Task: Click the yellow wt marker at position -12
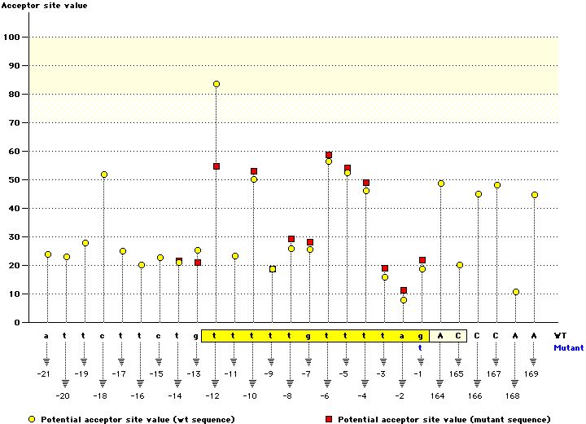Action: (216, 84)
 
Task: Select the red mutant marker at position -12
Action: (216, 166)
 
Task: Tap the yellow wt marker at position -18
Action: (104, 174)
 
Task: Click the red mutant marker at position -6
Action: (329, 155)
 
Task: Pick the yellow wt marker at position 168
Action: (516, 292)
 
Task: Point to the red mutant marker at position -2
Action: (404, 290)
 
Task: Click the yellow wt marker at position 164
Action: (441, 183)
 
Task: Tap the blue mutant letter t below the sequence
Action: (421, 347)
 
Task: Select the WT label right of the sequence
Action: (560, 335)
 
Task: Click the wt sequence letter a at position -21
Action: (46, 335)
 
